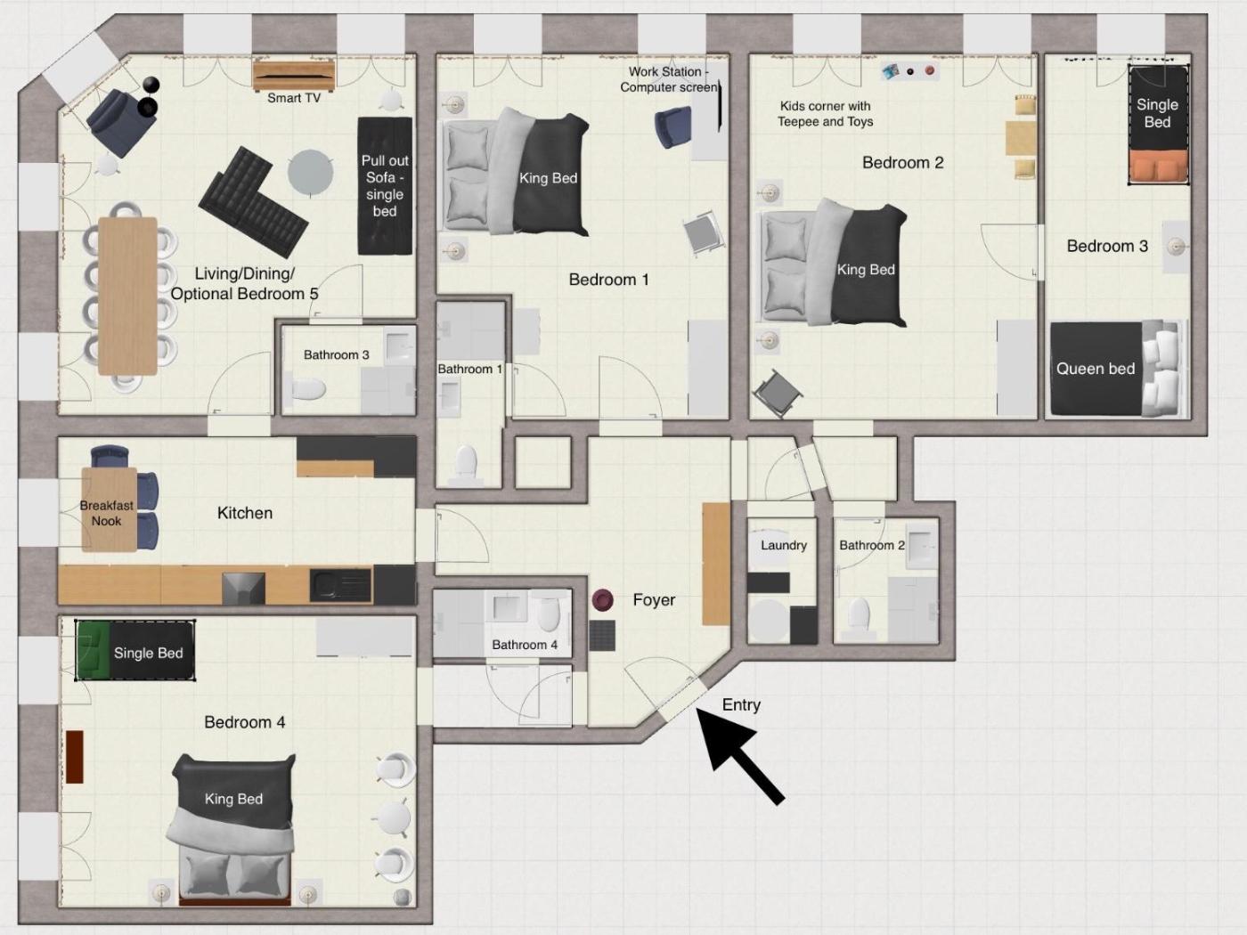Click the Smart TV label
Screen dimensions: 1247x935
(294, 98)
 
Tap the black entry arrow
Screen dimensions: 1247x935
(740, 756)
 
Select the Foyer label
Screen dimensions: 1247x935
(654, 599)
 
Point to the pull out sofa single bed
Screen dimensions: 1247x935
(385, 186)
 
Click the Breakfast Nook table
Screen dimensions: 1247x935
(109, 509)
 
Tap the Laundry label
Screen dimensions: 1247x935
(784, 545)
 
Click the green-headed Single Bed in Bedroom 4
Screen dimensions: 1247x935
(135, 651)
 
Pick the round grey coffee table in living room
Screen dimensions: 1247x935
(310, 173)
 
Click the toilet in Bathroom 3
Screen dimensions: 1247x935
(307, 389)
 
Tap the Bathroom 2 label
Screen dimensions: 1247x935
(871, 545)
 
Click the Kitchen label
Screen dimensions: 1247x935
(245, 513)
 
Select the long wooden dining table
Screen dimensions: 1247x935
(127, 296)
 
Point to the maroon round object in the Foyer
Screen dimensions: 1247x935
(602, 600)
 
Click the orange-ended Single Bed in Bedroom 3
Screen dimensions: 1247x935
(1158, 125)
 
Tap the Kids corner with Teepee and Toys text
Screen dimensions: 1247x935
(825, 114)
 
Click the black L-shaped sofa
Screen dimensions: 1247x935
(253, 201)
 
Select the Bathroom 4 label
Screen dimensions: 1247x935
(525, 645)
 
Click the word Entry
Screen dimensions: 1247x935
(741, 705)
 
